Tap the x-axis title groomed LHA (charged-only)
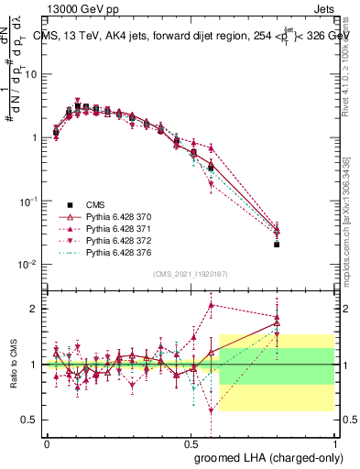pyautogui.click(x=265, y=456)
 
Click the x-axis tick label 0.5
pyautogui.click(x=191, y=442)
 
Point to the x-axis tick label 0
pyautogui.click(x=47, y=442)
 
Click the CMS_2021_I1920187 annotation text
pyautogui.click(x=191, y=273)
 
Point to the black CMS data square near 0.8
pyautogui.click(x=277, y=245)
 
